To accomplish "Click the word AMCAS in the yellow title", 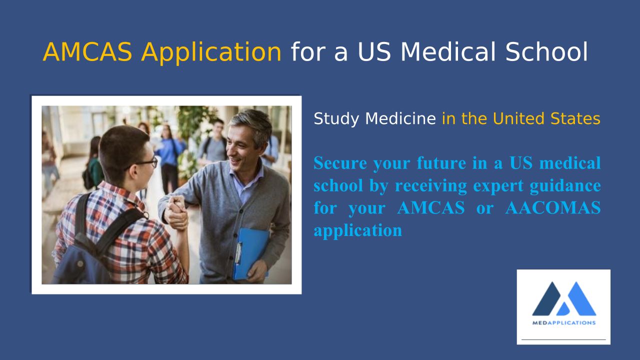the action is [x=87, y=51].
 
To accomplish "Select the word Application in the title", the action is [x=211, y=53].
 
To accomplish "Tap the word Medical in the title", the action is [x=448, y=51].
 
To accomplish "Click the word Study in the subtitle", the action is [x=336, y=119].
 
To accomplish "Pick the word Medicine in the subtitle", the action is [x=400, y=118].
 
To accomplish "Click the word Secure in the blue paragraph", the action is [x=340, y=163].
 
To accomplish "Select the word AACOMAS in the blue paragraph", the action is [x=553, y=207].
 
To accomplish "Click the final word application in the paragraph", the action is [x=357, y=231].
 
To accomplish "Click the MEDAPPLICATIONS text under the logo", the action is [x=563, y=323].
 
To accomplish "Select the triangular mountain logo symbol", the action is [x=564, y=298].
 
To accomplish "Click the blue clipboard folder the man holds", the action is [x=251, y=253].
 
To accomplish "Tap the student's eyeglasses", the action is [x=146, y=163].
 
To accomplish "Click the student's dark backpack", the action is [x=94, y=243].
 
